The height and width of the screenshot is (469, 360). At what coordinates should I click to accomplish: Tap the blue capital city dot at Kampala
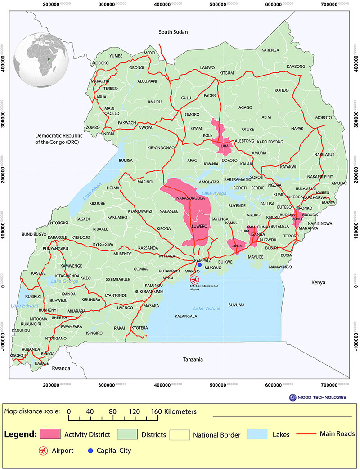pyautogui.click(x=199, y=265)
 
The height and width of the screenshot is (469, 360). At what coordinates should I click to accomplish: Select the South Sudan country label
pyautogui.click(x=173, y=32)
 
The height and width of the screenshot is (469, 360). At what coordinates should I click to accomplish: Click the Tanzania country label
pyautogui.click(x=193, y=359)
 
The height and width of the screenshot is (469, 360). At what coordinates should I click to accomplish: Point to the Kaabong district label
pyautogui.click(x=296, y=67)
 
